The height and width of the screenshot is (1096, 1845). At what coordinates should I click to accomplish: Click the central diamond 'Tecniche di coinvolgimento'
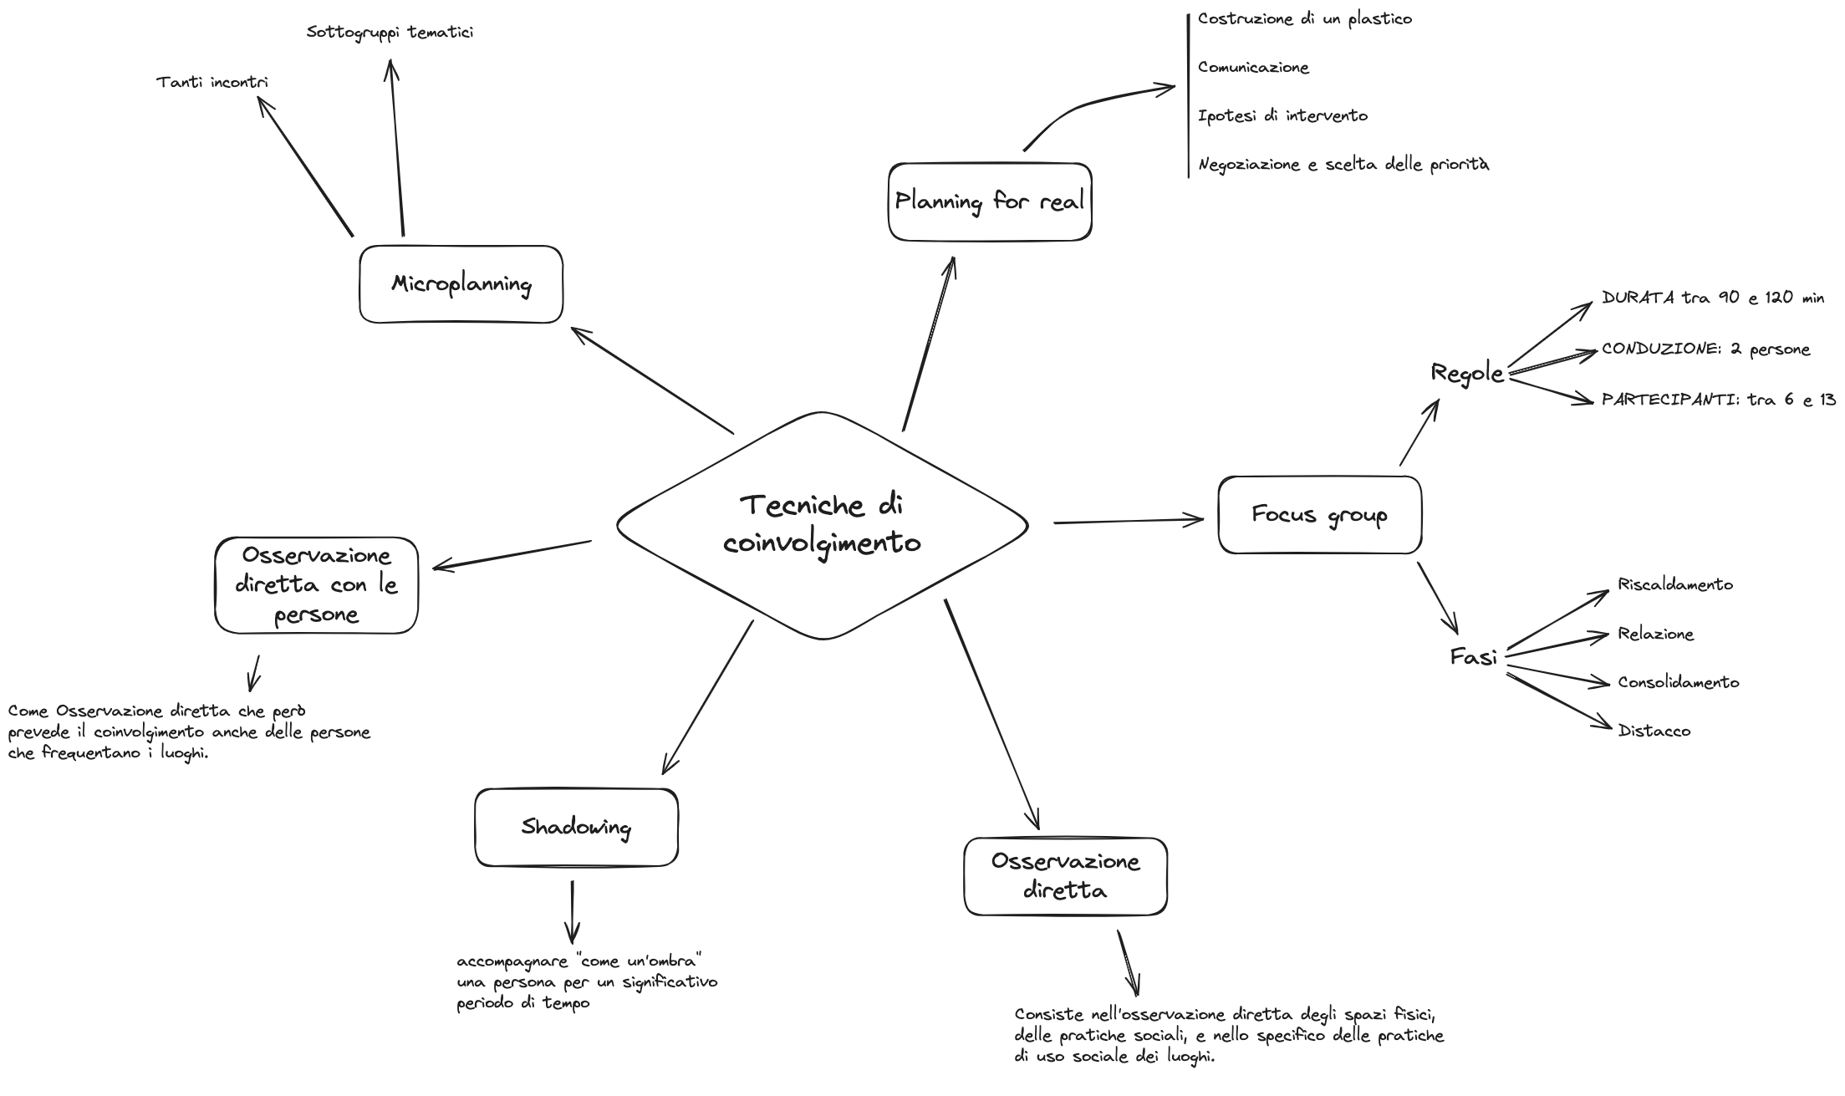(823, 525)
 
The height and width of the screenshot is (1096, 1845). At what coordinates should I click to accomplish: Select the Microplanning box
(461, 284)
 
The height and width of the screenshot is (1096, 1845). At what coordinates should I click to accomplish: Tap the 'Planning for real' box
(990, 201)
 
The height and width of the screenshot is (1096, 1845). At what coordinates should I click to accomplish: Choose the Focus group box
(1319, 515)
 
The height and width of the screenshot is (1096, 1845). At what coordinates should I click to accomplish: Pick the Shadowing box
(576, 828)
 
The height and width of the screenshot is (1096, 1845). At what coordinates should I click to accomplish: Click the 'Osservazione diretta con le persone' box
(316, 585)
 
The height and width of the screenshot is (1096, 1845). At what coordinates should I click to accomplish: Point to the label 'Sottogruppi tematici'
(390, 33)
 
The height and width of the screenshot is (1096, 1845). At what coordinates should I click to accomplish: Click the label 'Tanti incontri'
(212, 83)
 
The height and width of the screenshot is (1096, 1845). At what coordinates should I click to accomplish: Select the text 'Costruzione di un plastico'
(1304, 18)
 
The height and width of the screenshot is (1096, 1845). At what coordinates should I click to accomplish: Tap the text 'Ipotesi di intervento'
(1282, 115)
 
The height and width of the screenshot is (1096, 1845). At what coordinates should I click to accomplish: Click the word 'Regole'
(1467, 373)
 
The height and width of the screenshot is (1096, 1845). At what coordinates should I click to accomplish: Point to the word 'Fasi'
(1473, 658)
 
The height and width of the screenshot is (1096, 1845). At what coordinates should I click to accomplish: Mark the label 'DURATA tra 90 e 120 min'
(1712, 298)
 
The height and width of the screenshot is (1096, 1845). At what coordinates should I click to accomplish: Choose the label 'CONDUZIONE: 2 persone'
(1705, 349)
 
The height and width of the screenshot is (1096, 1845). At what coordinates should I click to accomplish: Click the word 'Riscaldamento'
(1675, 584)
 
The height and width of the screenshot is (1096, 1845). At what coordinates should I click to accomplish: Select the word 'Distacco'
(1654, 731)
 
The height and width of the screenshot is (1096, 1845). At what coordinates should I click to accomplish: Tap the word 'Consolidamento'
(1678, 682)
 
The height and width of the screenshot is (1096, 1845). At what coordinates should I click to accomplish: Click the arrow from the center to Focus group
(1129, 521)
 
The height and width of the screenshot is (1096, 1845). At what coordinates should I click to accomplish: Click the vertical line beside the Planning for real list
(1188, 96)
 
